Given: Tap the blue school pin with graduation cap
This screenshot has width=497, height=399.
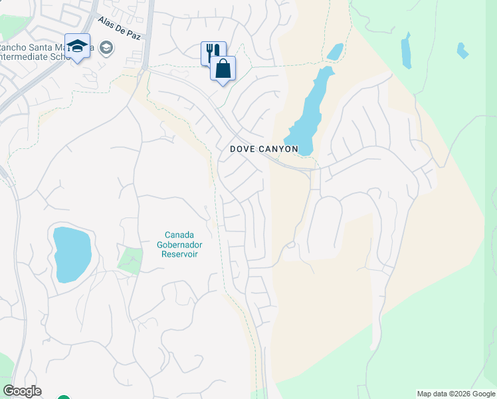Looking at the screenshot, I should [x=77, y=47].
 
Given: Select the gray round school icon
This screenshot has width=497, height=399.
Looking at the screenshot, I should [x=106, y=48].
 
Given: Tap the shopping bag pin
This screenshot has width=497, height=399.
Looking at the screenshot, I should [x=223, y=68].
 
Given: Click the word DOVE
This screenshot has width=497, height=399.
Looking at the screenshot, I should [x=244, y=150].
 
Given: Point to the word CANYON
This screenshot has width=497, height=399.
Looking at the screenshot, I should [x=280, y=150].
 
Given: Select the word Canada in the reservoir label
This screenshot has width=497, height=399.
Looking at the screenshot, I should [x=179, y=235].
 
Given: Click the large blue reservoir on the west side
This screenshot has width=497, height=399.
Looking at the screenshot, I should [x=72, y=254].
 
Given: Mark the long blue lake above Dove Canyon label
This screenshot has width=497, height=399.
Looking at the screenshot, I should [x=312, y=110].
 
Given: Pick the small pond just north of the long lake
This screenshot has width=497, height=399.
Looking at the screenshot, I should [x=335, y=51].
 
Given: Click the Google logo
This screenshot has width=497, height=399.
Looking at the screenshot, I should [x=22, y=391].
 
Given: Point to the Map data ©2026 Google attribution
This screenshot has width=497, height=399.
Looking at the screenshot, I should [x=456, y=394].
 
